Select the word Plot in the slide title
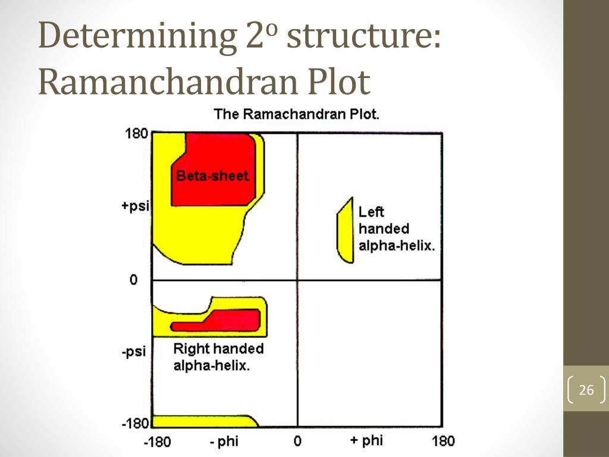tap(338, 82)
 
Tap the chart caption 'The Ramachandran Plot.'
tap(296, 114)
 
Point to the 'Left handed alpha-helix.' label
tap(395, 228)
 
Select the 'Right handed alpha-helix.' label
tap(218, 357)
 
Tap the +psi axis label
tap(136, 207)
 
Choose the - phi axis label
tap(224, 442)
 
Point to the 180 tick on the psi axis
tap(136, 134)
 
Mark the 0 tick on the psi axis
tap(134, 280)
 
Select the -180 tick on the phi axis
tap(157, 442)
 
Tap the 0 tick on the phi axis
tap(297, 442)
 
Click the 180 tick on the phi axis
tap(443, 441)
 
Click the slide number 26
tap(586, 390)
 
